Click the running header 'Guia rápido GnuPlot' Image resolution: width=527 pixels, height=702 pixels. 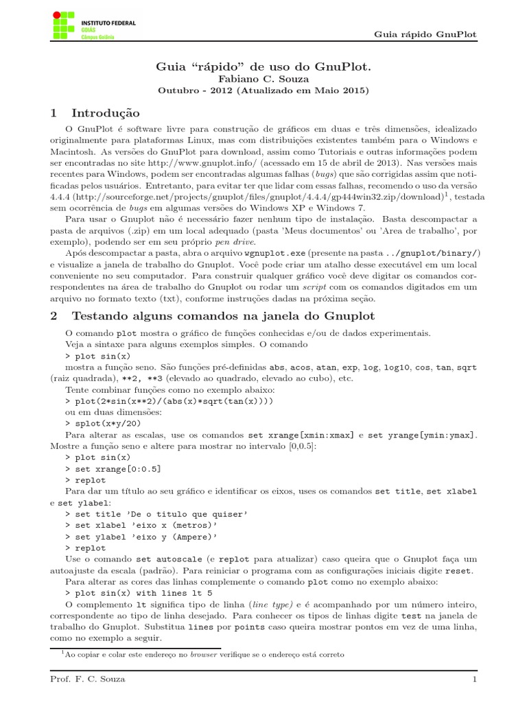425,34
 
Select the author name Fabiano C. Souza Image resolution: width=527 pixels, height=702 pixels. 263,78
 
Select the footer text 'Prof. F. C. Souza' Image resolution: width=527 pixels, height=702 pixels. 87,679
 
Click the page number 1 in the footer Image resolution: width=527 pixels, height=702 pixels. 473,679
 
